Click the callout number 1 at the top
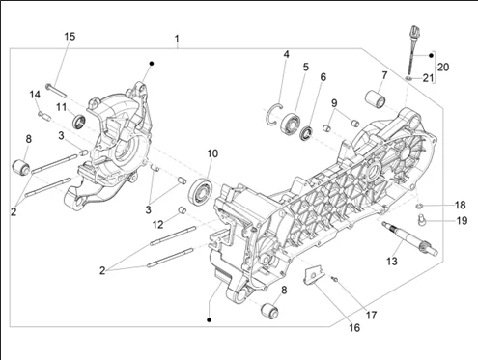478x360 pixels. click(177, 40)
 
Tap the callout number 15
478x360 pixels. click(70, 37)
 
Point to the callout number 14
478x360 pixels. click(34, 94)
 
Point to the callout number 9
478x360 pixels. click(334, 103)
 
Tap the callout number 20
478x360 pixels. click(443, 67)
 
